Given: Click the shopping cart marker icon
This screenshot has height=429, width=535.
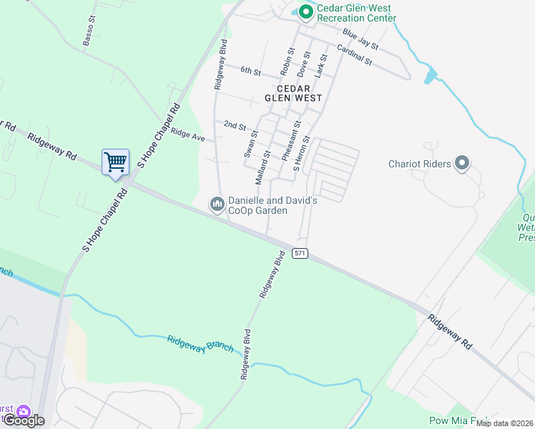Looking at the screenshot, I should pos(114,162).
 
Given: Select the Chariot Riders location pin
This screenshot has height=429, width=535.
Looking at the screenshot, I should pos(462,164).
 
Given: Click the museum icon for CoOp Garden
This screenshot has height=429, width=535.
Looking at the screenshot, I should pos(217,204).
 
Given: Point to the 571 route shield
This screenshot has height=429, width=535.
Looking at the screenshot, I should pos(300,254).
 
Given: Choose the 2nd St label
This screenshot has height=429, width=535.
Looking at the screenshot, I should pos(235,125).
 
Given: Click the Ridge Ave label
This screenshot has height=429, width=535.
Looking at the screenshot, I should pos(187,134).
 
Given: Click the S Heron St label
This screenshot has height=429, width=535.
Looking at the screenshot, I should pos(301,154).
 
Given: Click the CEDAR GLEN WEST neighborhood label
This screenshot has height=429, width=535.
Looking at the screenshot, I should pos(293,92).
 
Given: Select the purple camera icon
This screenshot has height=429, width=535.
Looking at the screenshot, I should pos(24,412).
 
